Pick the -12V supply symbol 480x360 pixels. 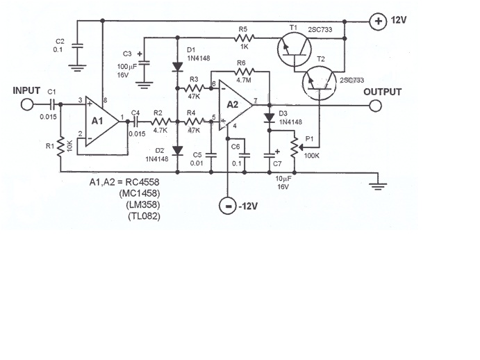coord(226,206)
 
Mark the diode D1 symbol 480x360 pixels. coord(177,66)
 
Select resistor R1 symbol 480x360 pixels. coord(61,147)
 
